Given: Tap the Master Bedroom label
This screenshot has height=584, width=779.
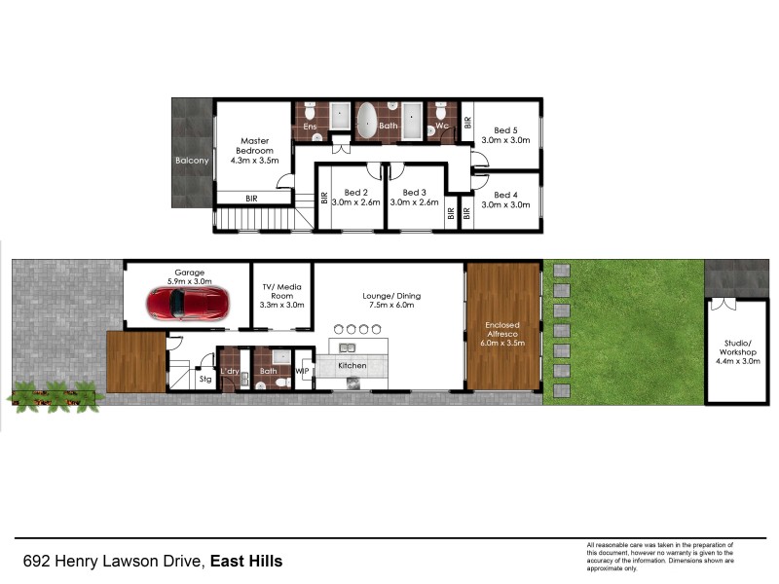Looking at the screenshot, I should point(253,146).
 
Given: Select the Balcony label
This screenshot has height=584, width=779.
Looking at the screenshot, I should point(191,161).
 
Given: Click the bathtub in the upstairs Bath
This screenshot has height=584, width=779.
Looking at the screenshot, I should point(367,122).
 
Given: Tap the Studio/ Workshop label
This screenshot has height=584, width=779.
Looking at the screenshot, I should point(737,347).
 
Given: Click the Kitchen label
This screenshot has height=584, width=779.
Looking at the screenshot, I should point(352,366).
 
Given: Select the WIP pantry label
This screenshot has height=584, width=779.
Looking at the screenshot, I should point(302,371).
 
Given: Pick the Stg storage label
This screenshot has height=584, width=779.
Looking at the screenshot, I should point(205,379).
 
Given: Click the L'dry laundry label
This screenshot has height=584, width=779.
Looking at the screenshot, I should point(230,371).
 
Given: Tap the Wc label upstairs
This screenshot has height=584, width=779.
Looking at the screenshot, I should point(441,126).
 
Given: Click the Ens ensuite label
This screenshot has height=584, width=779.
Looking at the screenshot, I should point(310,127).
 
